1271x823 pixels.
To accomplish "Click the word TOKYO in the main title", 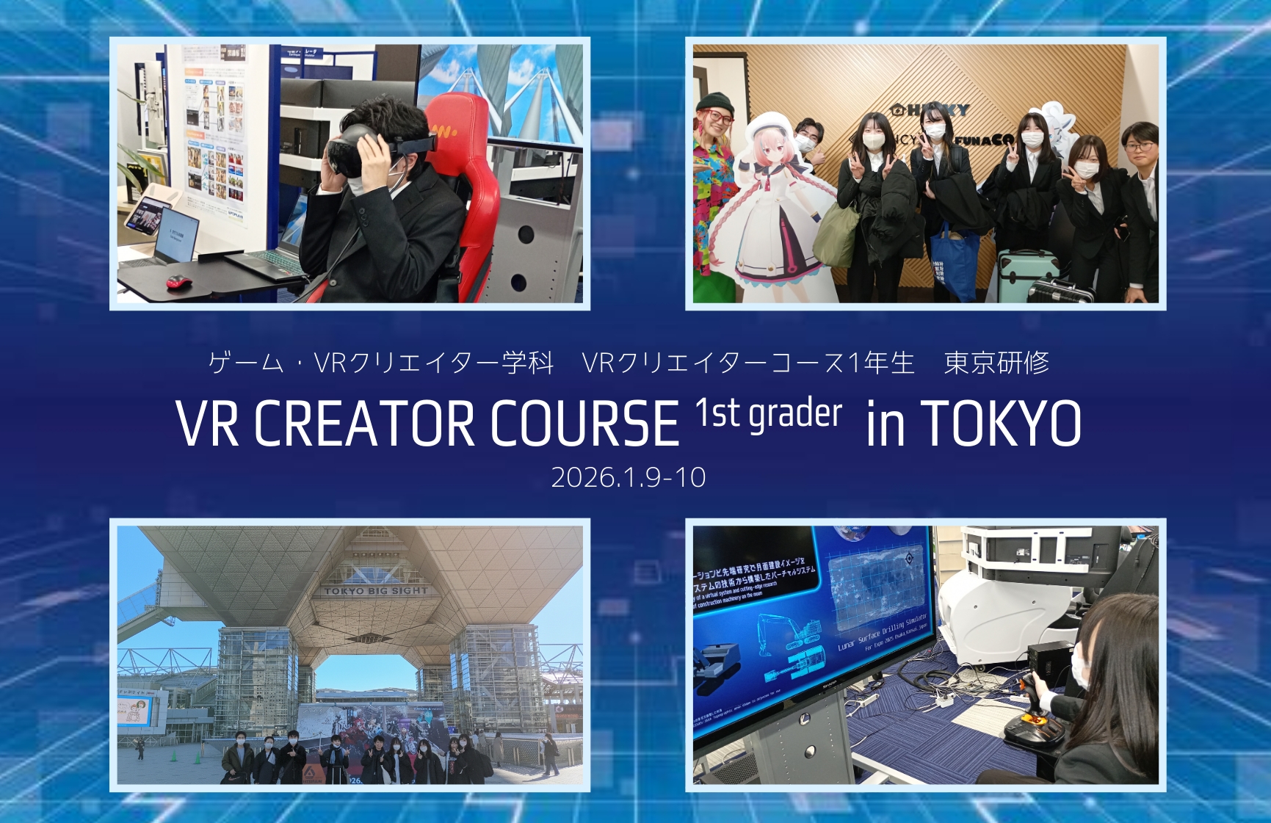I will click(1001, 424).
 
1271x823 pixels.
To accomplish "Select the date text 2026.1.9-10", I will click(629, 478).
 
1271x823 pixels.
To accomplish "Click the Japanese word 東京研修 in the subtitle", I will click(996, 363).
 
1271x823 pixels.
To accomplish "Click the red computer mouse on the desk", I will click(176, 281).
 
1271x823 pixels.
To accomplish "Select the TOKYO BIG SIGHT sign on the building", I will click(375, 590).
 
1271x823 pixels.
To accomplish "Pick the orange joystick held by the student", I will click(1028, 690).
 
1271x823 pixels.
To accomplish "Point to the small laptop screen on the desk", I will click(178, 233).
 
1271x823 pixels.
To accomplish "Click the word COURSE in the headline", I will click(584, 424).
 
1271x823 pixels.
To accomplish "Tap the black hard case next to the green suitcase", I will click(1060, 291).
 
